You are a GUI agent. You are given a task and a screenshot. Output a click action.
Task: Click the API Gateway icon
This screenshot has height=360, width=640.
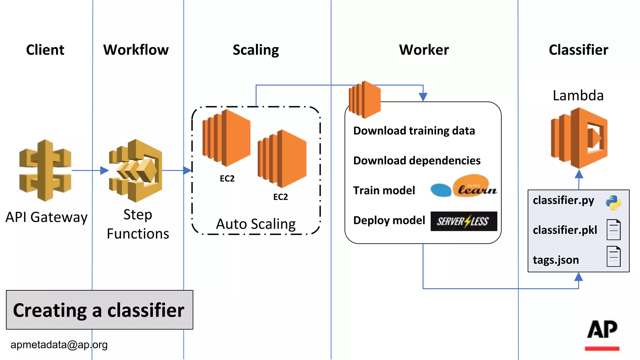point(45,170)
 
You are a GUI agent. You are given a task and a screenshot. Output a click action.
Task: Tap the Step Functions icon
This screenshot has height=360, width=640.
point(136,170)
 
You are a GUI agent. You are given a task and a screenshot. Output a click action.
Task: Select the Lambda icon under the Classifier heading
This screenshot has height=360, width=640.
point(579,138)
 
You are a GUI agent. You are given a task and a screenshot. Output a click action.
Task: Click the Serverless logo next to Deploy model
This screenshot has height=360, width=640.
point(464,221)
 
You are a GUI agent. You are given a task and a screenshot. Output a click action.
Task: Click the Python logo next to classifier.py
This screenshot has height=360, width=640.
point(613,202)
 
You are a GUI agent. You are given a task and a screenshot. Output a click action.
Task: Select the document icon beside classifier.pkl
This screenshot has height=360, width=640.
point(613,230)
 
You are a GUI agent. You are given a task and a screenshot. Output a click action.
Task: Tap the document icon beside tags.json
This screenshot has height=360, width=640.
point(613,257)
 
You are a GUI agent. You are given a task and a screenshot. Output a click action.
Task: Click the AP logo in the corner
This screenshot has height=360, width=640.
point(602,334)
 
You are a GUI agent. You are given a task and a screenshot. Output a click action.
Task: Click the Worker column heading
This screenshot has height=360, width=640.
point(424,50)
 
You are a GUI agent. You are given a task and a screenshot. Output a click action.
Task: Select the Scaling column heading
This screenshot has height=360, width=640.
point(256,50)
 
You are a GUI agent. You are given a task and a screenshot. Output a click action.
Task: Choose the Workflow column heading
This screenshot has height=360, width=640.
point(136,50)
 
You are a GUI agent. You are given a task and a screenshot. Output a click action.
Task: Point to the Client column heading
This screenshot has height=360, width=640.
point(45,50)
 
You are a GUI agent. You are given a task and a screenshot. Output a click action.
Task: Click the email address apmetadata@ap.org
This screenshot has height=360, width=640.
point(59,345)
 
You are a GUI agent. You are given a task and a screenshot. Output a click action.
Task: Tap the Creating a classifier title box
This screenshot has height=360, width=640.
point(99,310)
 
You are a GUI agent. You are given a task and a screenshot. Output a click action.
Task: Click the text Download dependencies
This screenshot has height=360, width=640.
point(417,160)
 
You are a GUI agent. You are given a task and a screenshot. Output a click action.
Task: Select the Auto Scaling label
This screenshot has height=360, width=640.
point(256,224)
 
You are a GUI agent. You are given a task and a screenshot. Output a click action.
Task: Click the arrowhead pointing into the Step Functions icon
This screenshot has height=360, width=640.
point(104,171)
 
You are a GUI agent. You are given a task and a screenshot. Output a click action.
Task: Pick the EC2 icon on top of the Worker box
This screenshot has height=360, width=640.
point(365,99)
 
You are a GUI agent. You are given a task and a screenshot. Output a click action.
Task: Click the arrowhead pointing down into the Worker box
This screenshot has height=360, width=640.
point(423,97)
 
